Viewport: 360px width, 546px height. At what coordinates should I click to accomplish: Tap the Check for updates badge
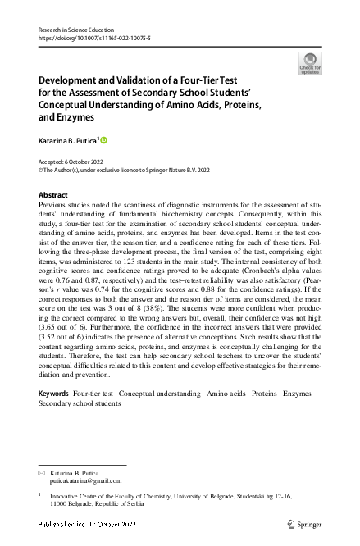(310, 63)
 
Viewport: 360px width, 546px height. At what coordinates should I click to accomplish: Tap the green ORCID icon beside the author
(103, 141)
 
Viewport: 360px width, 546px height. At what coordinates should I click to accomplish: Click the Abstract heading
(53, 195)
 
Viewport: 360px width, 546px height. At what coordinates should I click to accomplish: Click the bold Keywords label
(54, 394)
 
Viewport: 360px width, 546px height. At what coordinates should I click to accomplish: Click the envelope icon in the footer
(43, 475)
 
